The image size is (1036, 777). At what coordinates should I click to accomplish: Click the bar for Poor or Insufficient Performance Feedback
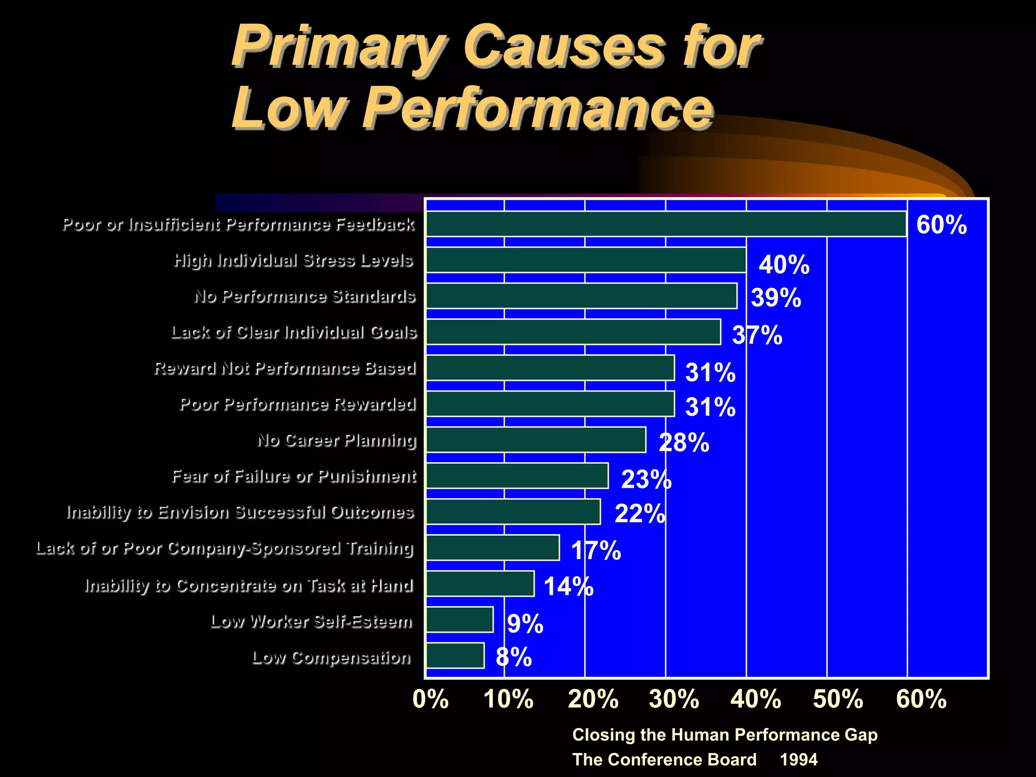[666, 224]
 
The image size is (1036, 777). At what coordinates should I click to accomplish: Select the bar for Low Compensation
[455, 656]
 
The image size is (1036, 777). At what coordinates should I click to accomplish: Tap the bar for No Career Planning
[536, 440]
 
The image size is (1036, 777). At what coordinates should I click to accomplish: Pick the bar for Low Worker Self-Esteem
[459, 620]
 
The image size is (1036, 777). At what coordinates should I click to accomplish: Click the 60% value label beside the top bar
[941, 225]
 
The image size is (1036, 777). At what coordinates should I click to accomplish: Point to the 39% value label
[776, 297]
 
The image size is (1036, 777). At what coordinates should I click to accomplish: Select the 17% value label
[596, 550]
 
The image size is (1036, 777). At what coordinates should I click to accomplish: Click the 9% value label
[525, 623]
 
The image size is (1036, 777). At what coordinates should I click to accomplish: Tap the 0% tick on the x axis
[430, 699]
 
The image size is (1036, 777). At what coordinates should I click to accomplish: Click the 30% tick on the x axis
[674, 699]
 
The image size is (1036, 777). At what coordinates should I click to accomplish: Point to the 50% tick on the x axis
[838, 699]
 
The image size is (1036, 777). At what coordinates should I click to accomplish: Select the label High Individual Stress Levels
[293, 261]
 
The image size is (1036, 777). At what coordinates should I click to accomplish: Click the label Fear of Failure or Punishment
[294, 477]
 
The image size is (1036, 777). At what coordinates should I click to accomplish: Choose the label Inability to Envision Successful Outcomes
[240, 512]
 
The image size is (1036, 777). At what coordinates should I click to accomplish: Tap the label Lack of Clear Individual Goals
[294, 332]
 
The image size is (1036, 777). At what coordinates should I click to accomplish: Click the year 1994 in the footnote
[798, 759]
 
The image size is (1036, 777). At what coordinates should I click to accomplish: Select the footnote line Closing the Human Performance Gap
[724, 735]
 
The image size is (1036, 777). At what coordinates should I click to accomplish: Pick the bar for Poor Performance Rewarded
[550, 404]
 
